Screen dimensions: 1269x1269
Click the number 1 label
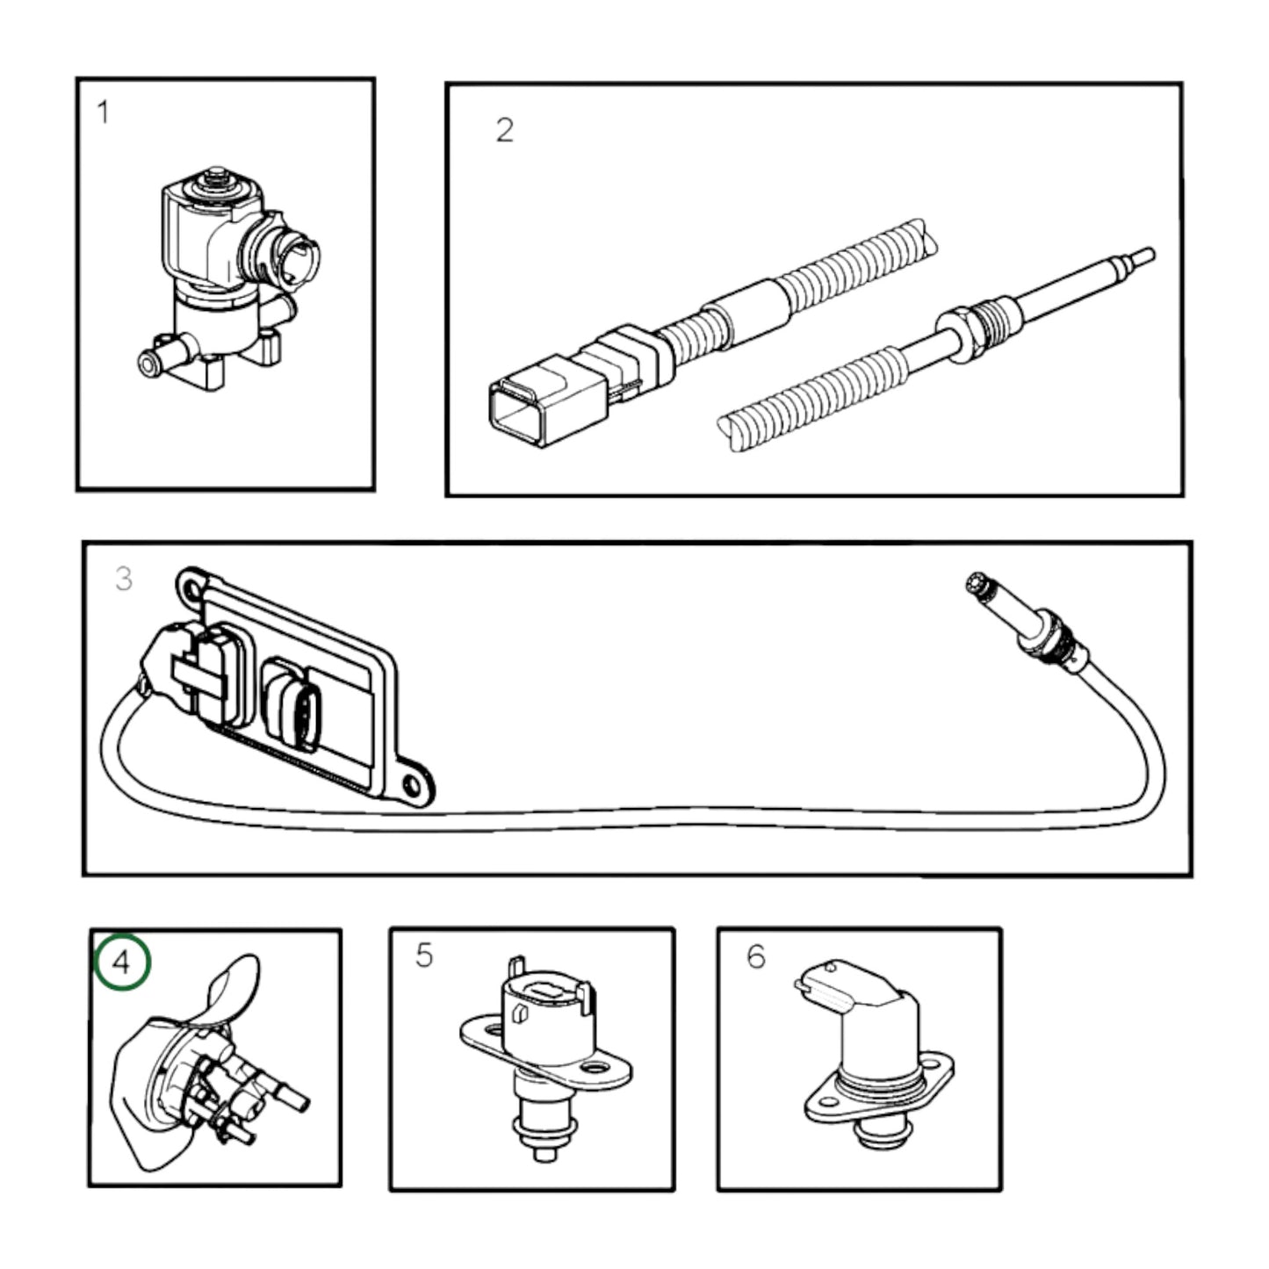(x=104, y=112)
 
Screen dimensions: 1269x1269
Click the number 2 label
(x=504, y=130)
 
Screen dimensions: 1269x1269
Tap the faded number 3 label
(x=124, y=578)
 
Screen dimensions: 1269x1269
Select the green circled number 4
(x=123, y=962)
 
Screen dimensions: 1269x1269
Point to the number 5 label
(x=424, y=955)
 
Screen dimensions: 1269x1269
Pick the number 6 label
(x=756, y=956)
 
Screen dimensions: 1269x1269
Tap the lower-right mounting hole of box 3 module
(x=412, y=783)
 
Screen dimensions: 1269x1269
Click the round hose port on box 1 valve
(x=149, y=362)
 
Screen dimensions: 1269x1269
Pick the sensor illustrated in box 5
(x=544, y=1054)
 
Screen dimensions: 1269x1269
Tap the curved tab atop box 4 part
(x=233, y=988)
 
